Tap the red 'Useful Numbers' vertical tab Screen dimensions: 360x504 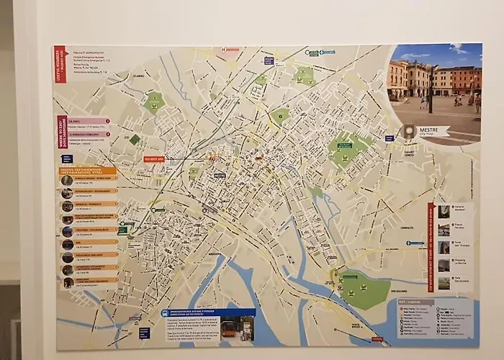[60, 63]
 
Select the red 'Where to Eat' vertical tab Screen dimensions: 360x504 [62, 132]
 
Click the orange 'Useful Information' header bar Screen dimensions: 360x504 [87, 171]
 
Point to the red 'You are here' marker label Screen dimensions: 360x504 [154, 158]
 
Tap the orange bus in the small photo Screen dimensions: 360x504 [229, 329]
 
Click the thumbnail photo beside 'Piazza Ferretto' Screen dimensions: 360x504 [444, 230]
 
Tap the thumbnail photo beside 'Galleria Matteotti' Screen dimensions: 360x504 [444, 212]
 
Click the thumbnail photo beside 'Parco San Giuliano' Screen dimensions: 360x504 [444, 283]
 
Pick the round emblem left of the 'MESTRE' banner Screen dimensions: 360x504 [409, 131]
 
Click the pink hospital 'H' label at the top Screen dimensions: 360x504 [228, 50]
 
